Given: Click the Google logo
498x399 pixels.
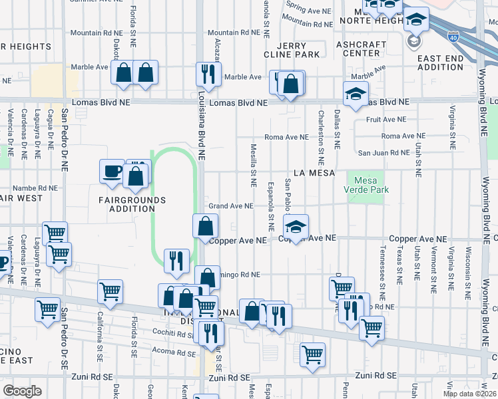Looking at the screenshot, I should pos(22,390).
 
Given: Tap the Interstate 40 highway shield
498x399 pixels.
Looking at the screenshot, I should pos(453,37).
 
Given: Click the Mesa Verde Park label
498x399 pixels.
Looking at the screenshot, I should pos(366,186).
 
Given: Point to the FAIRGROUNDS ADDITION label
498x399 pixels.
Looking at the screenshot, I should pos(126,203).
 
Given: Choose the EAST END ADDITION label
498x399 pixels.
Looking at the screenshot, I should pos(440,63).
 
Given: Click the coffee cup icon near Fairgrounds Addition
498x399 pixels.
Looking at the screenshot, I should pos(111,172).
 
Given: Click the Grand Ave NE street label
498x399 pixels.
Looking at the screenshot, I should pos(231,206).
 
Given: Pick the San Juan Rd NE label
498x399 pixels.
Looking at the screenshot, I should pos(383,152).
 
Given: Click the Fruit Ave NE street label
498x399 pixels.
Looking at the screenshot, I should pos(385,120).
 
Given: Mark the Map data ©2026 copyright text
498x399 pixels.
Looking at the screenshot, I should pos(469,394).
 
